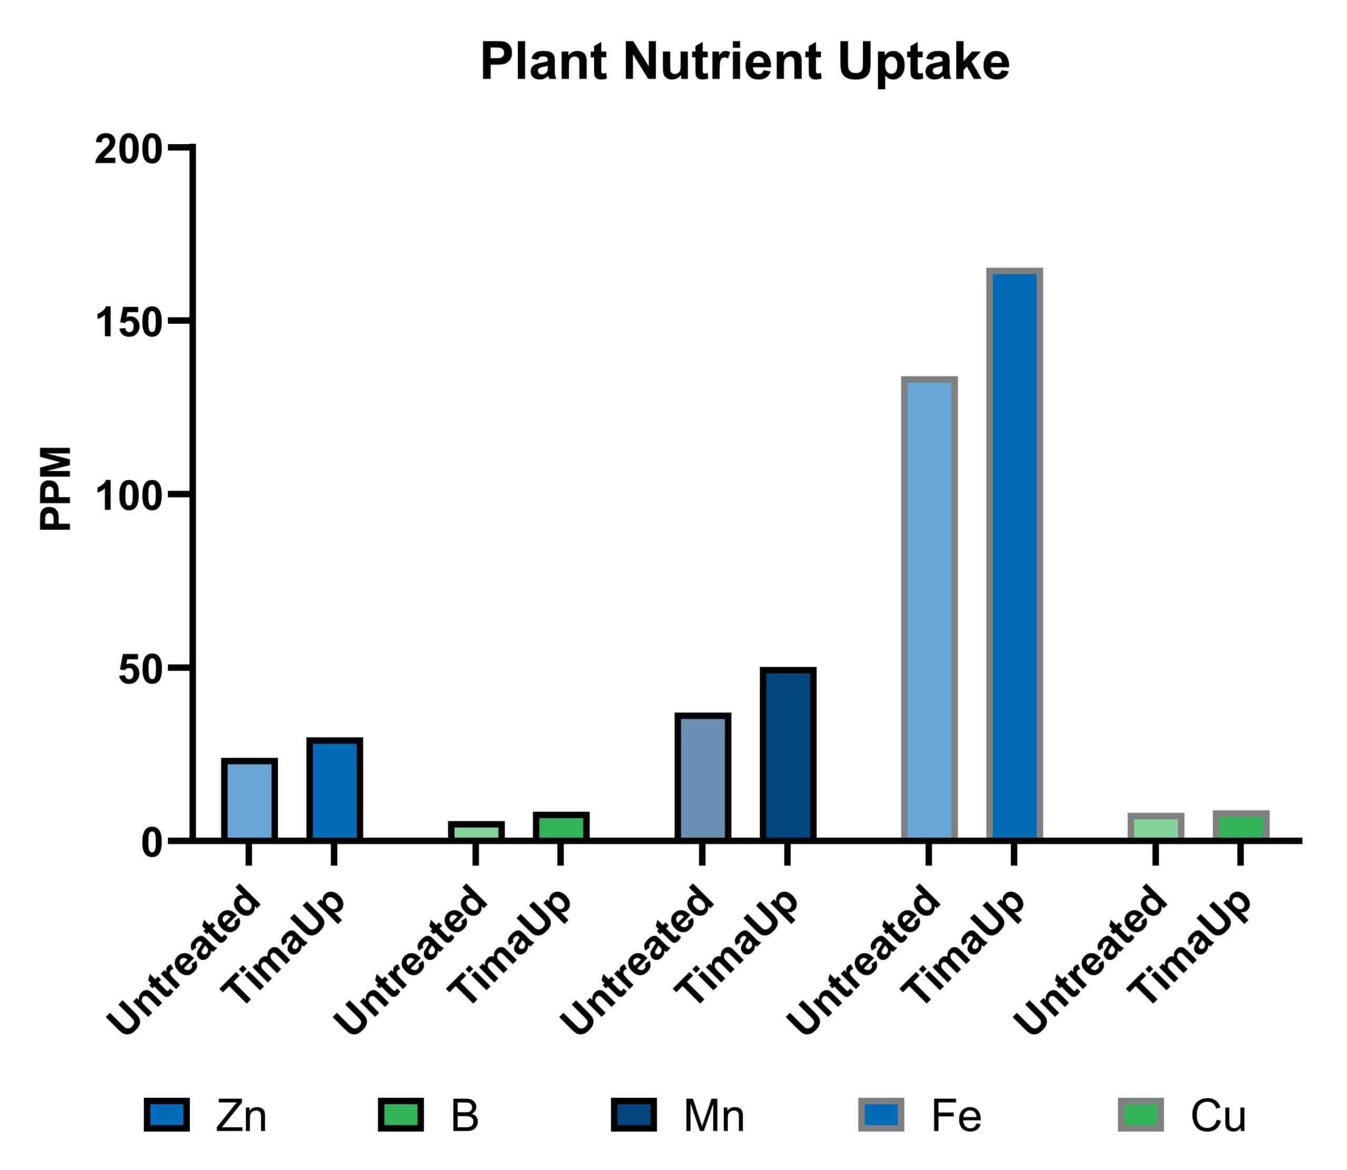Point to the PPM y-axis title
coord(56,489)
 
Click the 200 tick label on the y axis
coord(128,150)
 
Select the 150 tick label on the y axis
coord(128,323)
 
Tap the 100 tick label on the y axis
coord(128,497)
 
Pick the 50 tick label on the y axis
coord(140,670)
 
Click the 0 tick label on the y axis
coord(152,844)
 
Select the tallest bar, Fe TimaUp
coord(1014,555)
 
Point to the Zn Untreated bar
coord(249,800)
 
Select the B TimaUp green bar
coord(560,827)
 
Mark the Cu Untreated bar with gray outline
coord(1155,827)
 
